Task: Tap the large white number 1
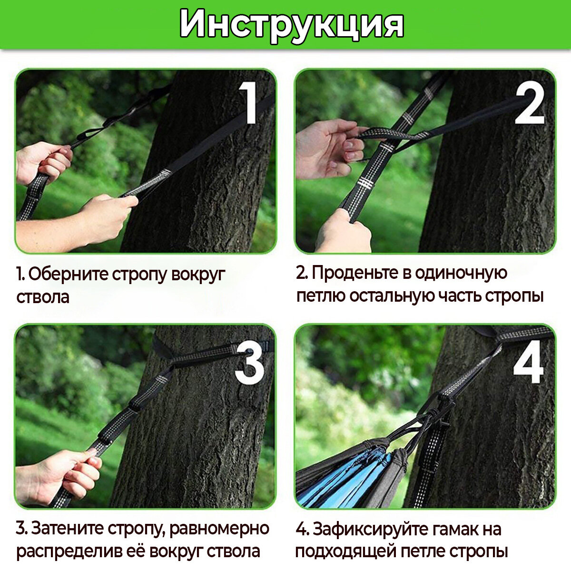tap(248, 102)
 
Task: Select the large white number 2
tap(530, 102)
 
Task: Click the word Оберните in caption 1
tap(68, 275)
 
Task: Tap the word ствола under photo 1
tap(43, 297)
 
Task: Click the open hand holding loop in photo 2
tap(329, 148)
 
